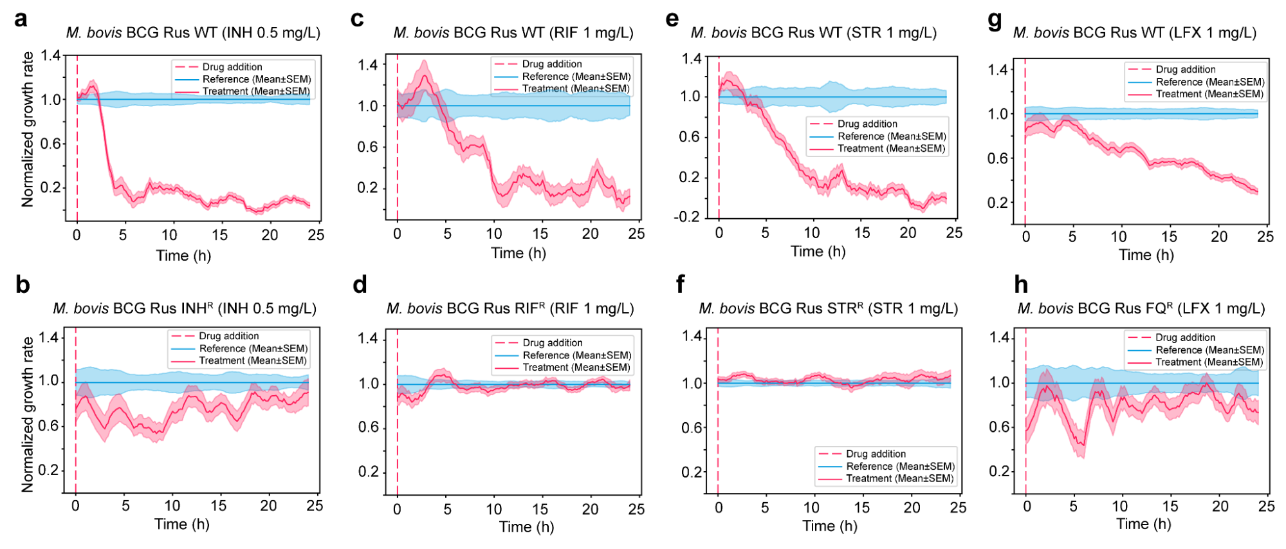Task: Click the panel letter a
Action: [21, 19]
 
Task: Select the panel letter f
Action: [681, 284]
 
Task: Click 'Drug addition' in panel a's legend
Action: [232, 67]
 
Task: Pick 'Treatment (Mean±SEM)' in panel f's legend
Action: [899, 478]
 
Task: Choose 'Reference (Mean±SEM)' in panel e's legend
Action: [891, 136]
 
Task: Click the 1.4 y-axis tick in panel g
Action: [998, 70]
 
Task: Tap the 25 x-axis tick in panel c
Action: [636, 234]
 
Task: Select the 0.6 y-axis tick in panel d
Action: [368, 427]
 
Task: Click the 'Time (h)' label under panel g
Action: [1146, 255]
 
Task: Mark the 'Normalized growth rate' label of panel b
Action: [27, 415]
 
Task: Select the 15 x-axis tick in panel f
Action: [861, 507]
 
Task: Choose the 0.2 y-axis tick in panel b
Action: [48, 470]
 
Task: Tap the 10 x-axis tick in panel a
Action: [169, 235]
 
